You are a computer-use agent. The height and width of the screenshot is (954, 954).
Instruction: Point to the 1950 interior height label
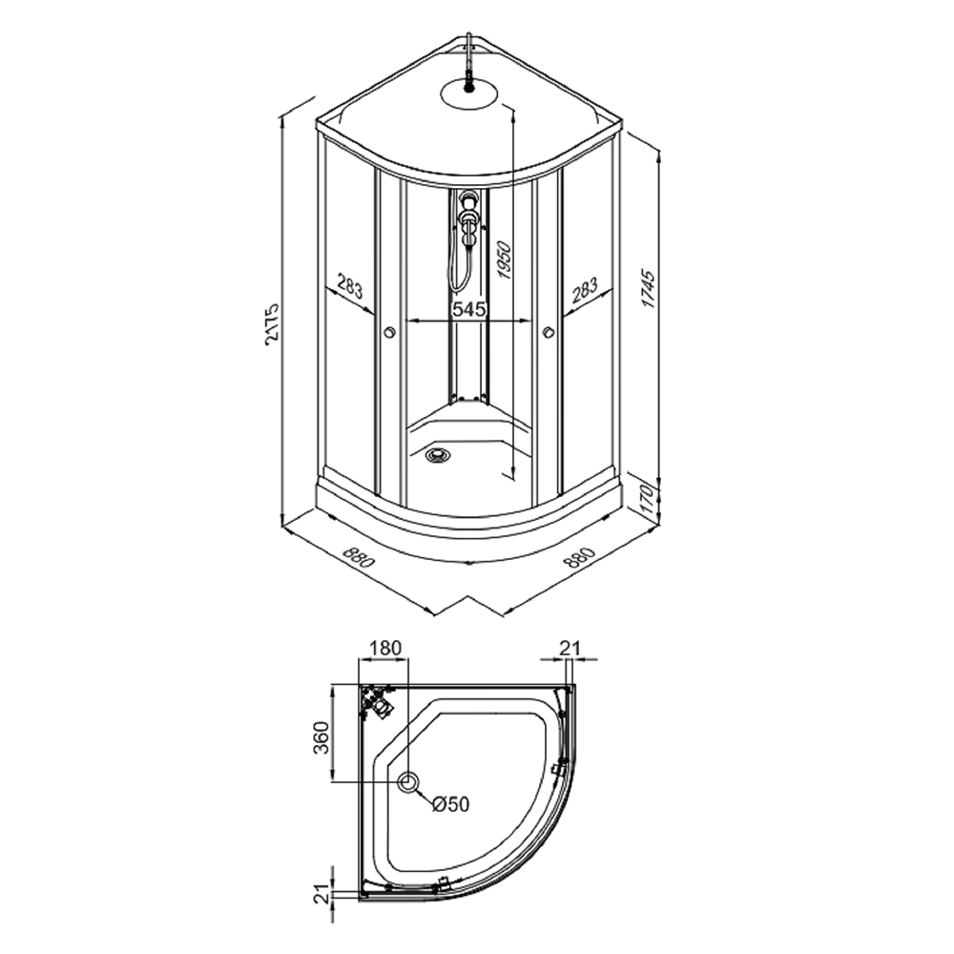pyautogui.click(x=505, y=260)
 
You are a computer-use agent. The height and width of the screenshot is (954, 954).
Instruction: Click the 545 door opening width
pyautogui.click(x=468, y=309)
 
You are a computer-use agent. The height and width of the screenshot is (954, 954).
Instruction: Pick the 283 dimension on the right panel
pyautogui.click(x=584, y=288)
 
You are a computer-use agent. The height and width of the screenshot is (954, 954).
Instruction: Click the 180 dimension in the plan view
pyautogui.click(x=384, y=648)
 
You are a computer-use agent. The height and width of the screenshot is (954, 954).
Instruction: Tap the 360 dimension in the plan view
pyautogui.click(x=321, y=736)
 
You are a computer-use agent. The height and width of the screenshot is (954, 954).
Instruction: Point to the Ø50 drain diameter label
pyautogui.click(x=450, y=804)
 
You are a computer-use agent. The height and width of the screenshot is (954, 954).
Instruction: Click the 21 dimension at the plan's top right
pyautogui.click(x=570, y=648)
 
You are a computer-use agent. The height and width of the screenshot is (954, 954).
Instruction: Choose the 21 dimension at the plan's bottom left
pyautogui.click(x=321, y=893)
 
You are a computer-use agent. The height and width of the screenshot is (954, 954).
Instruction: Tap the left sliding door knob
pyautogui.click(x=388, y=333)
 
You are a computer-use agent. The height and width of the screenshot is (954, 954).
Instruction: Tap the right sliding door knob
pyautogui.click(x=548, y=333)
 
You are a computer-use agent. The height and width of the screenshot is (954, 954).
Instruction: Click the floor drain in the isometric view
pyautogui.click(x=438, y=455)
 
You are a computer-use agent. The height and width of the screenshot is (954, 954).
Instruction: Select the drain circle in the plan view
pyautogui.click(x=408, y=783)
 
